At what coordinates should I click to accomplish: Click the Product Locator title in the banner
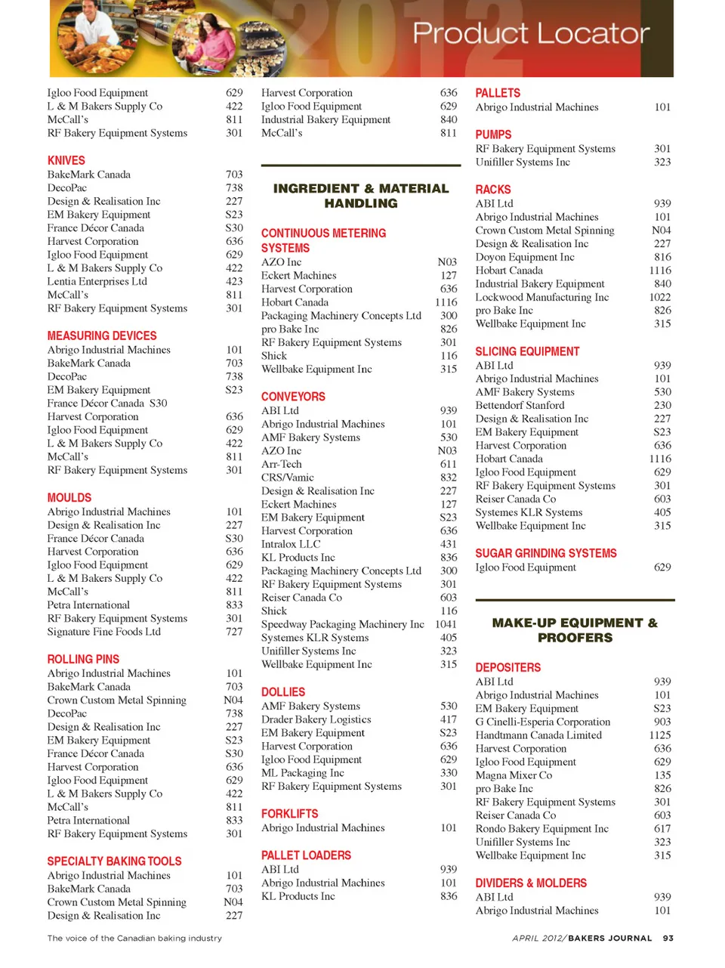tap(530, 33)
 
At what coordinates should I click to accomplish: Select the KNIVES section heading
tap(66, 160)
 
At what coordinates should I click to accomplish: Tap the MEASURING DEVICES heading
tap(102, 336)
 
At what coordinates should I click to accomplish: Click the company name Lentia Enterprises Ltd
tap(97, 281)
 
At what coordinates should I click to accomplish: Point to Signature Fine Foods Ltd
tap(103, 632)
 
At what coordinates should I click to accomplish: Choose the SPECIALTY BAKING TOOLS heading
tap(114, 861)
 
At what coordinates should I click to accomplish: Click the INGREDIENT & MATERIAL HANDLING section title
tap(360, 196)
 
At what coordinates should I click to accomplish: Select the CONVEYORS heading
tap(293, 397)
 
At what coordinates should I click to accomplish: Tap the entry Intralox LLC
tap(290, 544)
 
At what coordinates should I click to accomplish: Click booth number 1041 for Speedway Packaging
tap(446, 624)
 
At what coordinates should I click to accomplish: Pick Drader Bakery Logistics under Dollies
tap(316, 719)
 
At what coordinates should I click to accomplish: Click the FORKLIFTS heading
tap(289, 814)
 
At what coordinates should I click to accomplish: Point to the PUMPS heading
tap(493, 135)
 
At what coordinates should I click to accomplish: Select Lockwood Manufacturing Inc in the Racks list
tap(541, 297)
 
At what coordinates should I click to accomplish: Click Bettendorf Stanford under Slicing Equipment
tap(520, 405)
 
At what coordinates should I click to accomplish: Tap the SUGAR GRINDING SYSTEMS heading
tap(545, 553)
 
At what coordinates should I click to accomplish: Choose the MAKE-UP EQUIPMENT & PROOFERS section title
tap(575, 630)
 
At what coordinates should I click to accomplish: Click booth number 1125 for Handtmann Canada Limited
tap(659, 735)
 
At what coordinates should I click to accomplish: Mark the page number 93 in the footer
tap(668, 938)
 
